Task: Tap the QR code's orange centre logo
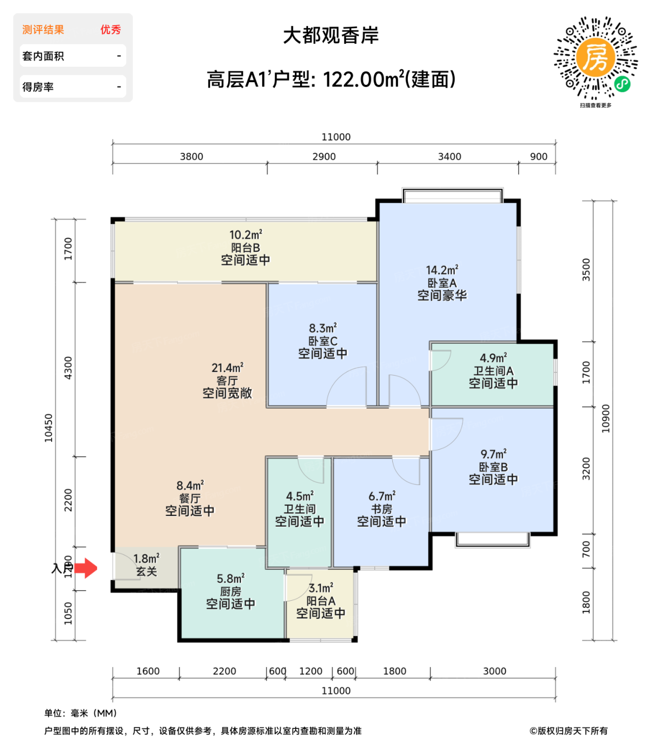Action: [x=595, y=57]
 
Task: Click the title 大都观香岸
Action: [x=330, y=36]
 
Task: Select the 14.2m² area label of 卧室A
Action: [x=442, y=271]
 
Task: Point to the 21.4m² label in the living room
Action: [x=227, y=368]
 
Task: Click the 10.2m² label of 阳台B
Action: [x=245, y=235]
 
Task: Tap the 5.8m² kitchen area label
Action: [x=230, y=578]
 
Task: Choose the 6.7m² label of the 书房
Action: [x=382, y=496]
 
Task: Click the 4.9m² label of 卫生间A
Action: [x=493, y=358]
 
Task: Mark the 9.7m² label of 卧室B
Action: [x=493, y=454]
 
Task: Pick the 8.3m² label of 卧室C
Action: [x=322, y=328]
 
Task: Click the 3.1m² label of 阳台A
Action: [x=320, y=588]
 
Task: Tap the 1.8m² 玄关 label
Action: [x=146, y=559]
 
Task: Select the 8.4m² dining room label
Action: [x=190, y=486]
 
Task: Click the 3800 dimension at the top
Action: [x=191, y=156]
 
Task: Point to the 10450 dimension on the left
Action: [x=49, y=428]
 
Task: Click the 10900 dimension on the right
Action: [x=606, y=418]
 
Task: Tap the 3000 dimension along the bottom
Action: [x=494, y=671]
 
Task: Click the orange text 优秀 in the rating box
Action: [x=110, y=30]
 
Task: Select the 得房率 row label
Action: [x=38, y=87]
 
